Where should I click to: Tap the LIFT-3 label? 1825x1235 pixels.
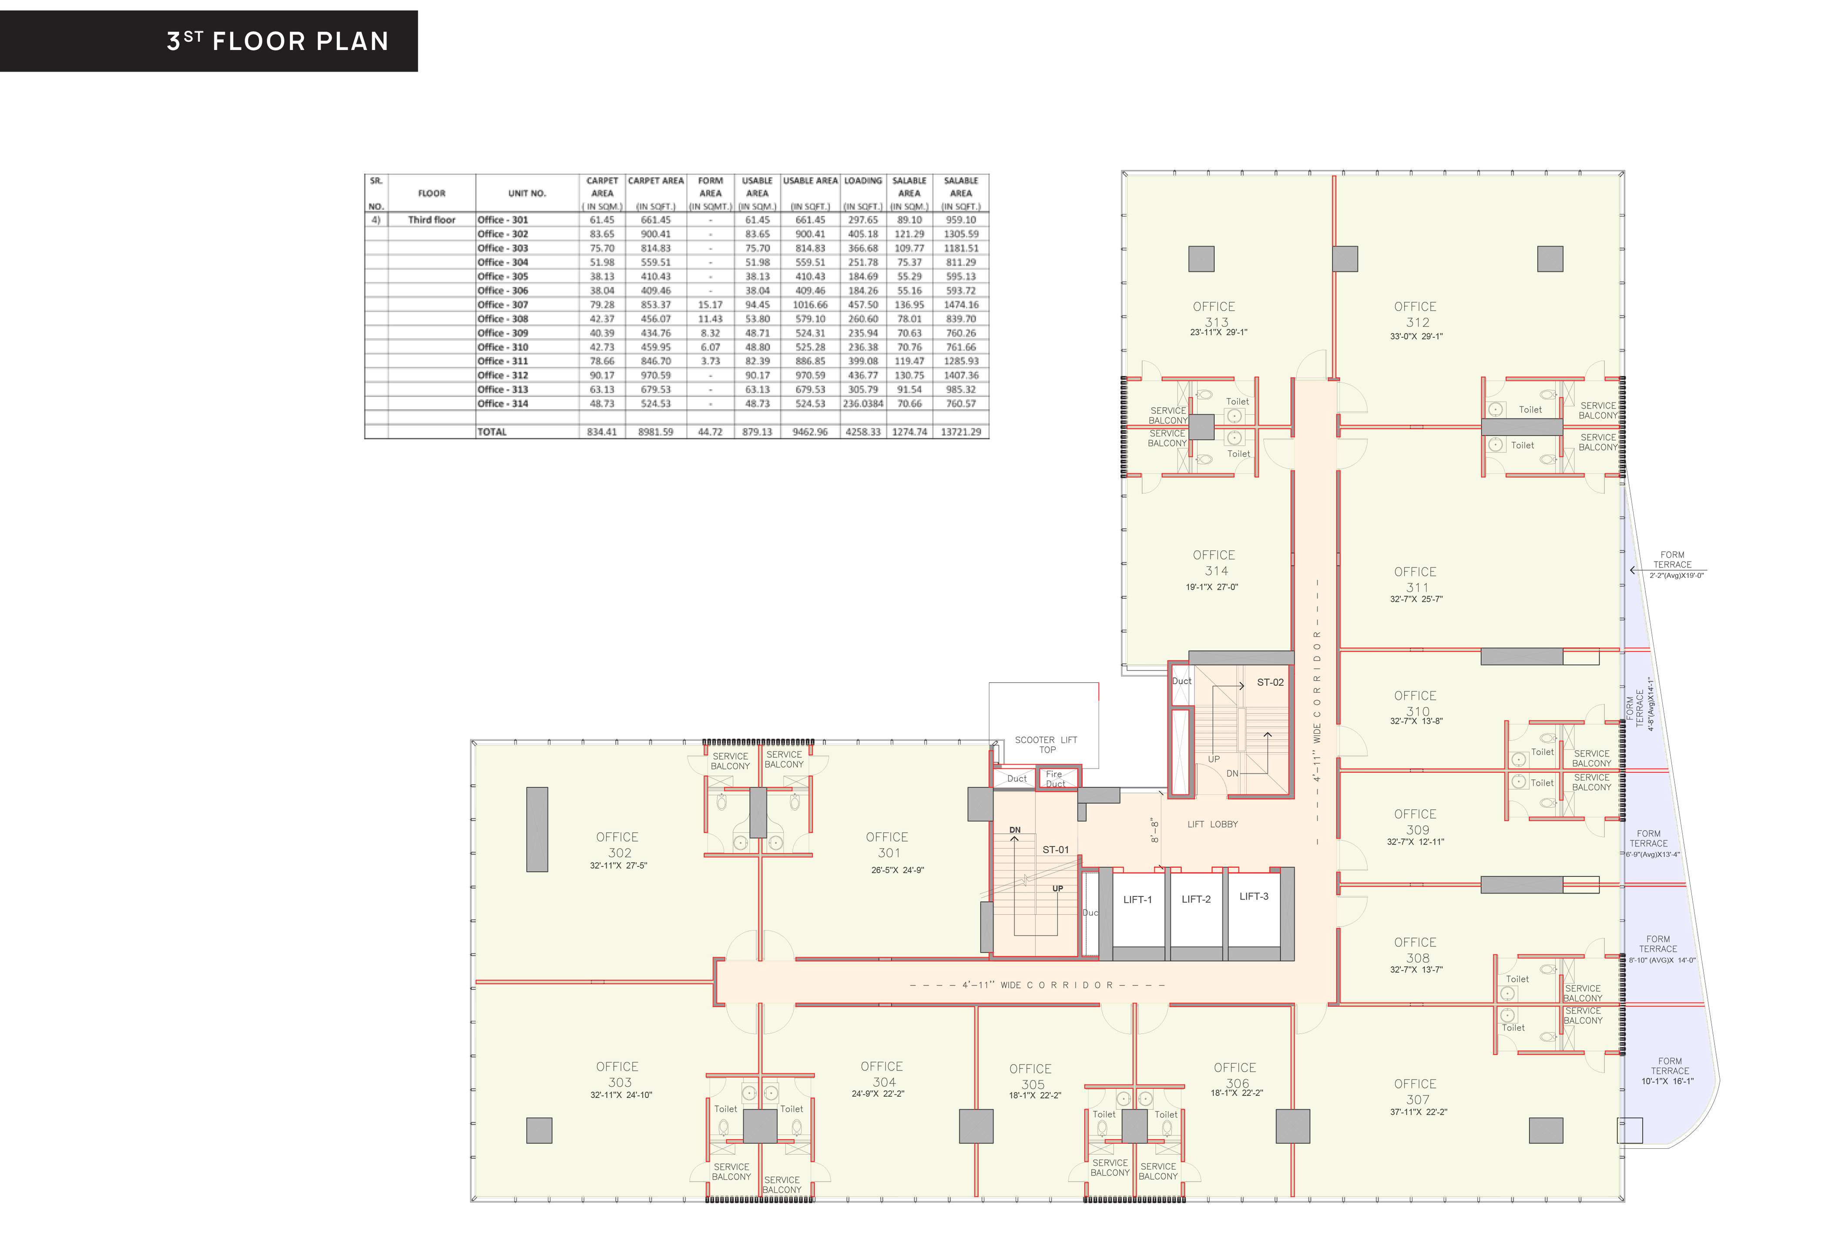click(x=1253, y=896)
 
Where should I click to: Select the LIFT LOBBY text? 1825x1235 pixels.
click(x=1212, y=824)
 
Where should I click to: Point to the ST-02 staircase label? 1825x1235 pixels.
click(x=1270, y=682)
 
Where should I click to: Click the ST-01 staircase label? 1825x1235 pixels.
click(x=1055, y=849)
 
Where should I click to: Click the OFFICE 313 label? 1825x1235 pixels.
click(x=1215, y=314)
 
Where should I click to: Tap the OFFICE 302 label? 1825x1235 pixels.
click(x=618, y=845)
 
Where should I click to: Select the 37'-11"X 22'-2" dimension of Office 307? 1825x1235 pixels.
click(x=1418, y=1112)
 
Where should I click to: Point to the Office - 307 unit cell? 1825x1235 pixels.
click(x=503, y=305)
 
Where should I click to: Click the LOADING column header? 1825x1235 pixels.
click(x=863, y=181)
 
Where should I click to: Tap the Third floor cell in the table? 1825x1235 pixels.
click(x=431, y=220)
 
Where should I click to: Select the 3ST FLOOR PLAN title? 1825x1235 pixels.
click(x=278, y=41)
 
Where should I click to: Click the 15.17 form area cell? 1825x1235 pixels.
click(x=710, y=305)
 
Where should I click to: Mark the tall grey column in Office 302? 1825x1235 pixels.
click(x=537, y=829)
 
